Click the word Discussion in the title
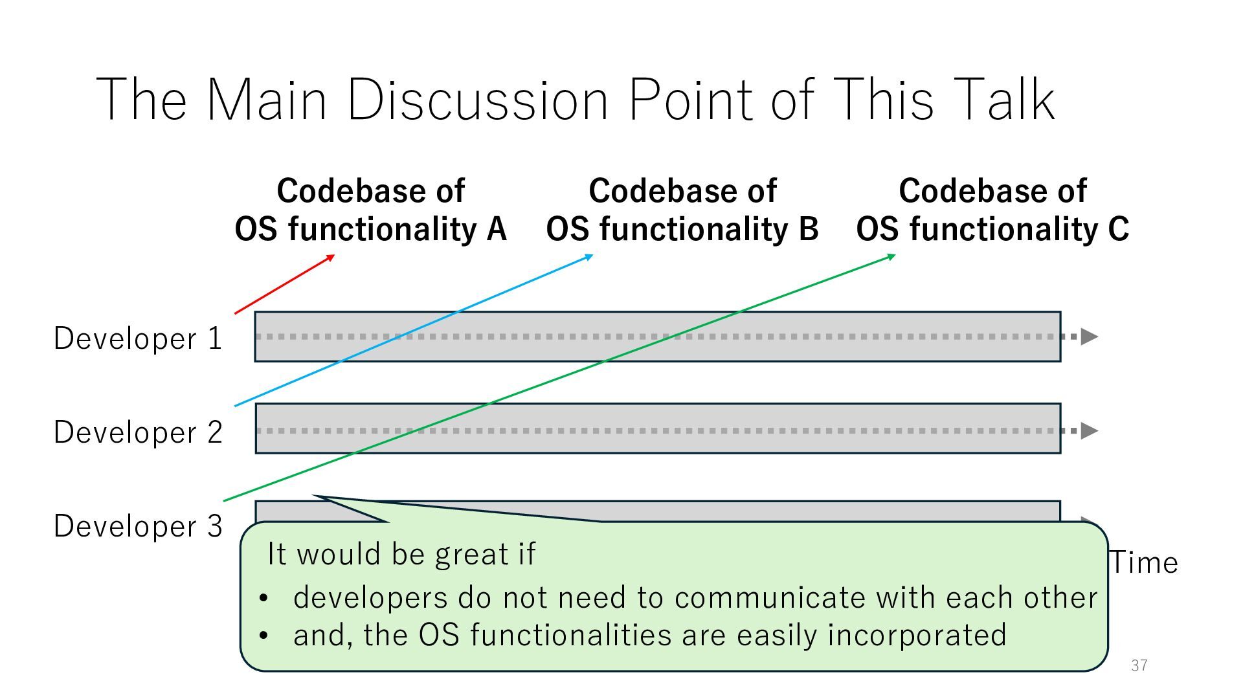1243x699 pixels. pos(478,100)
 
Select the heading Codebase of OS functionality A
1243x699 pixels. pos(370,210)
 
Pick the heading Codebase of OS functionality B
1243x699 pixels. pos(682,210)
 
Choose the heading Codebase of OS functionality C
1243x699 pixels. pos(992,210)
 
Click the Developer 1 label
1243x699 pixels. pos(138,338)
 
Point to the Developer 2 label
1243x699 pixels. pos(138,432)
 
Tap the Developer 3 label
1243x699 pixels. pos(138,526)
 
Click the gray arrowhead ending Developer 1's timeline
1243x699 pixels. pos(1090,337)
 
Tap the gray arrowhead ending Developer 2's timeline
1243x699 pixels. pos(1090,430)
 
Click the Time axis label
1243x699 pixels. pos(1144,563)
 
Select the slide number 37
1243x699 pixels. pos(1139,665)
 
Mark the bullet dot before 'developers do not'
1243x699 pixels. pos(263,599)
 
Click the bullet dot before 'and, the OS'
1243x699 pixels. pos(263,636)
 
